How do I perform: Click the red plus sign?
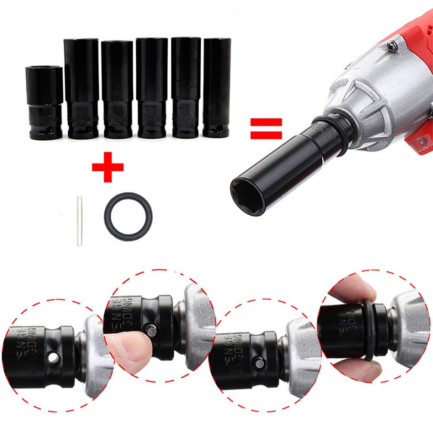point(108,167)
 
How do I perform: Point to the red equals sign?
point(266,128)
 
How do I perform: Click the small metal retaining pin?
point(80,221)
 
